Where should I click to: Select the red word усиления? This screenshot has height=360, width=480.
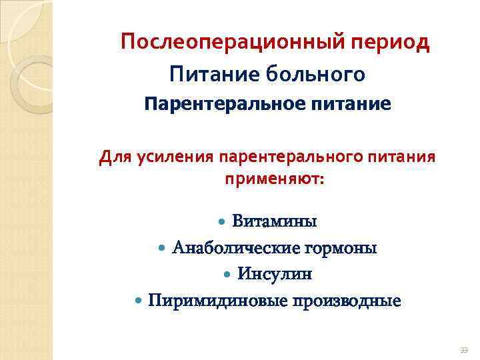(x=172, y=158)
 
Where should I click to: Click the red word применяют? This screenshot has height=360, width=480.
(x=274, y=180)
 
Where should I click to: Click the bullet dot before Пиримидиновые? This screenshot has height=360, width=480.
(x=138, y=301)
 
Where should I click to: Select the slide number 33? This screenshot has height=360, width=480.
(x=463, y=350)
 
